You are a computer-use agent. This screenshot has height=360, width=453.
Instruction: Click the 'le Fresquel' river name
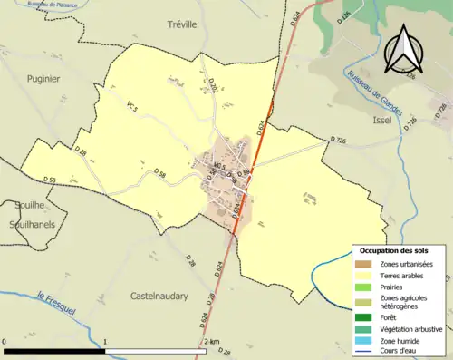tap(54, 298)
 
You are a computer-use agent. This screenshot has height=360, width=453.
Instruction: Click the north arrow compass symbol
tap(403, 50)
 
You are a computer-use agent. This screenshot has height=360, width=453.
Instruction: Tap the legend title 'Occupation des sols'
tap(394, 250)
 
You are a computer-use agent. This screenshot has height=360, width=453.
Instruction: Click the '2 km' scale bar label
tap(211, 341)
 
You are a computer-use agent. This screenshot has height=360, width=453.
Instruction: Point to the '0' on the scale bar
tap(5, 341)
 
